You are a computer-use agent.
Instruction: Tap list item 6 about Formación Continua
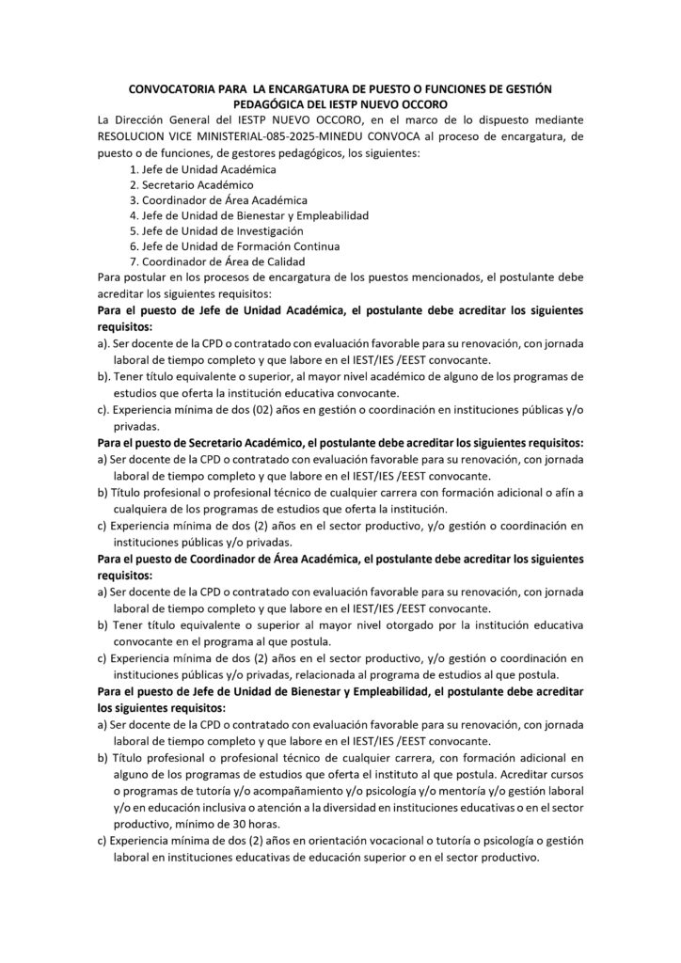tap(227, 245)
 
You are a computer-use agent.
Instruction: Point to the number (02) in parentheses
tap(265, 410)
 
